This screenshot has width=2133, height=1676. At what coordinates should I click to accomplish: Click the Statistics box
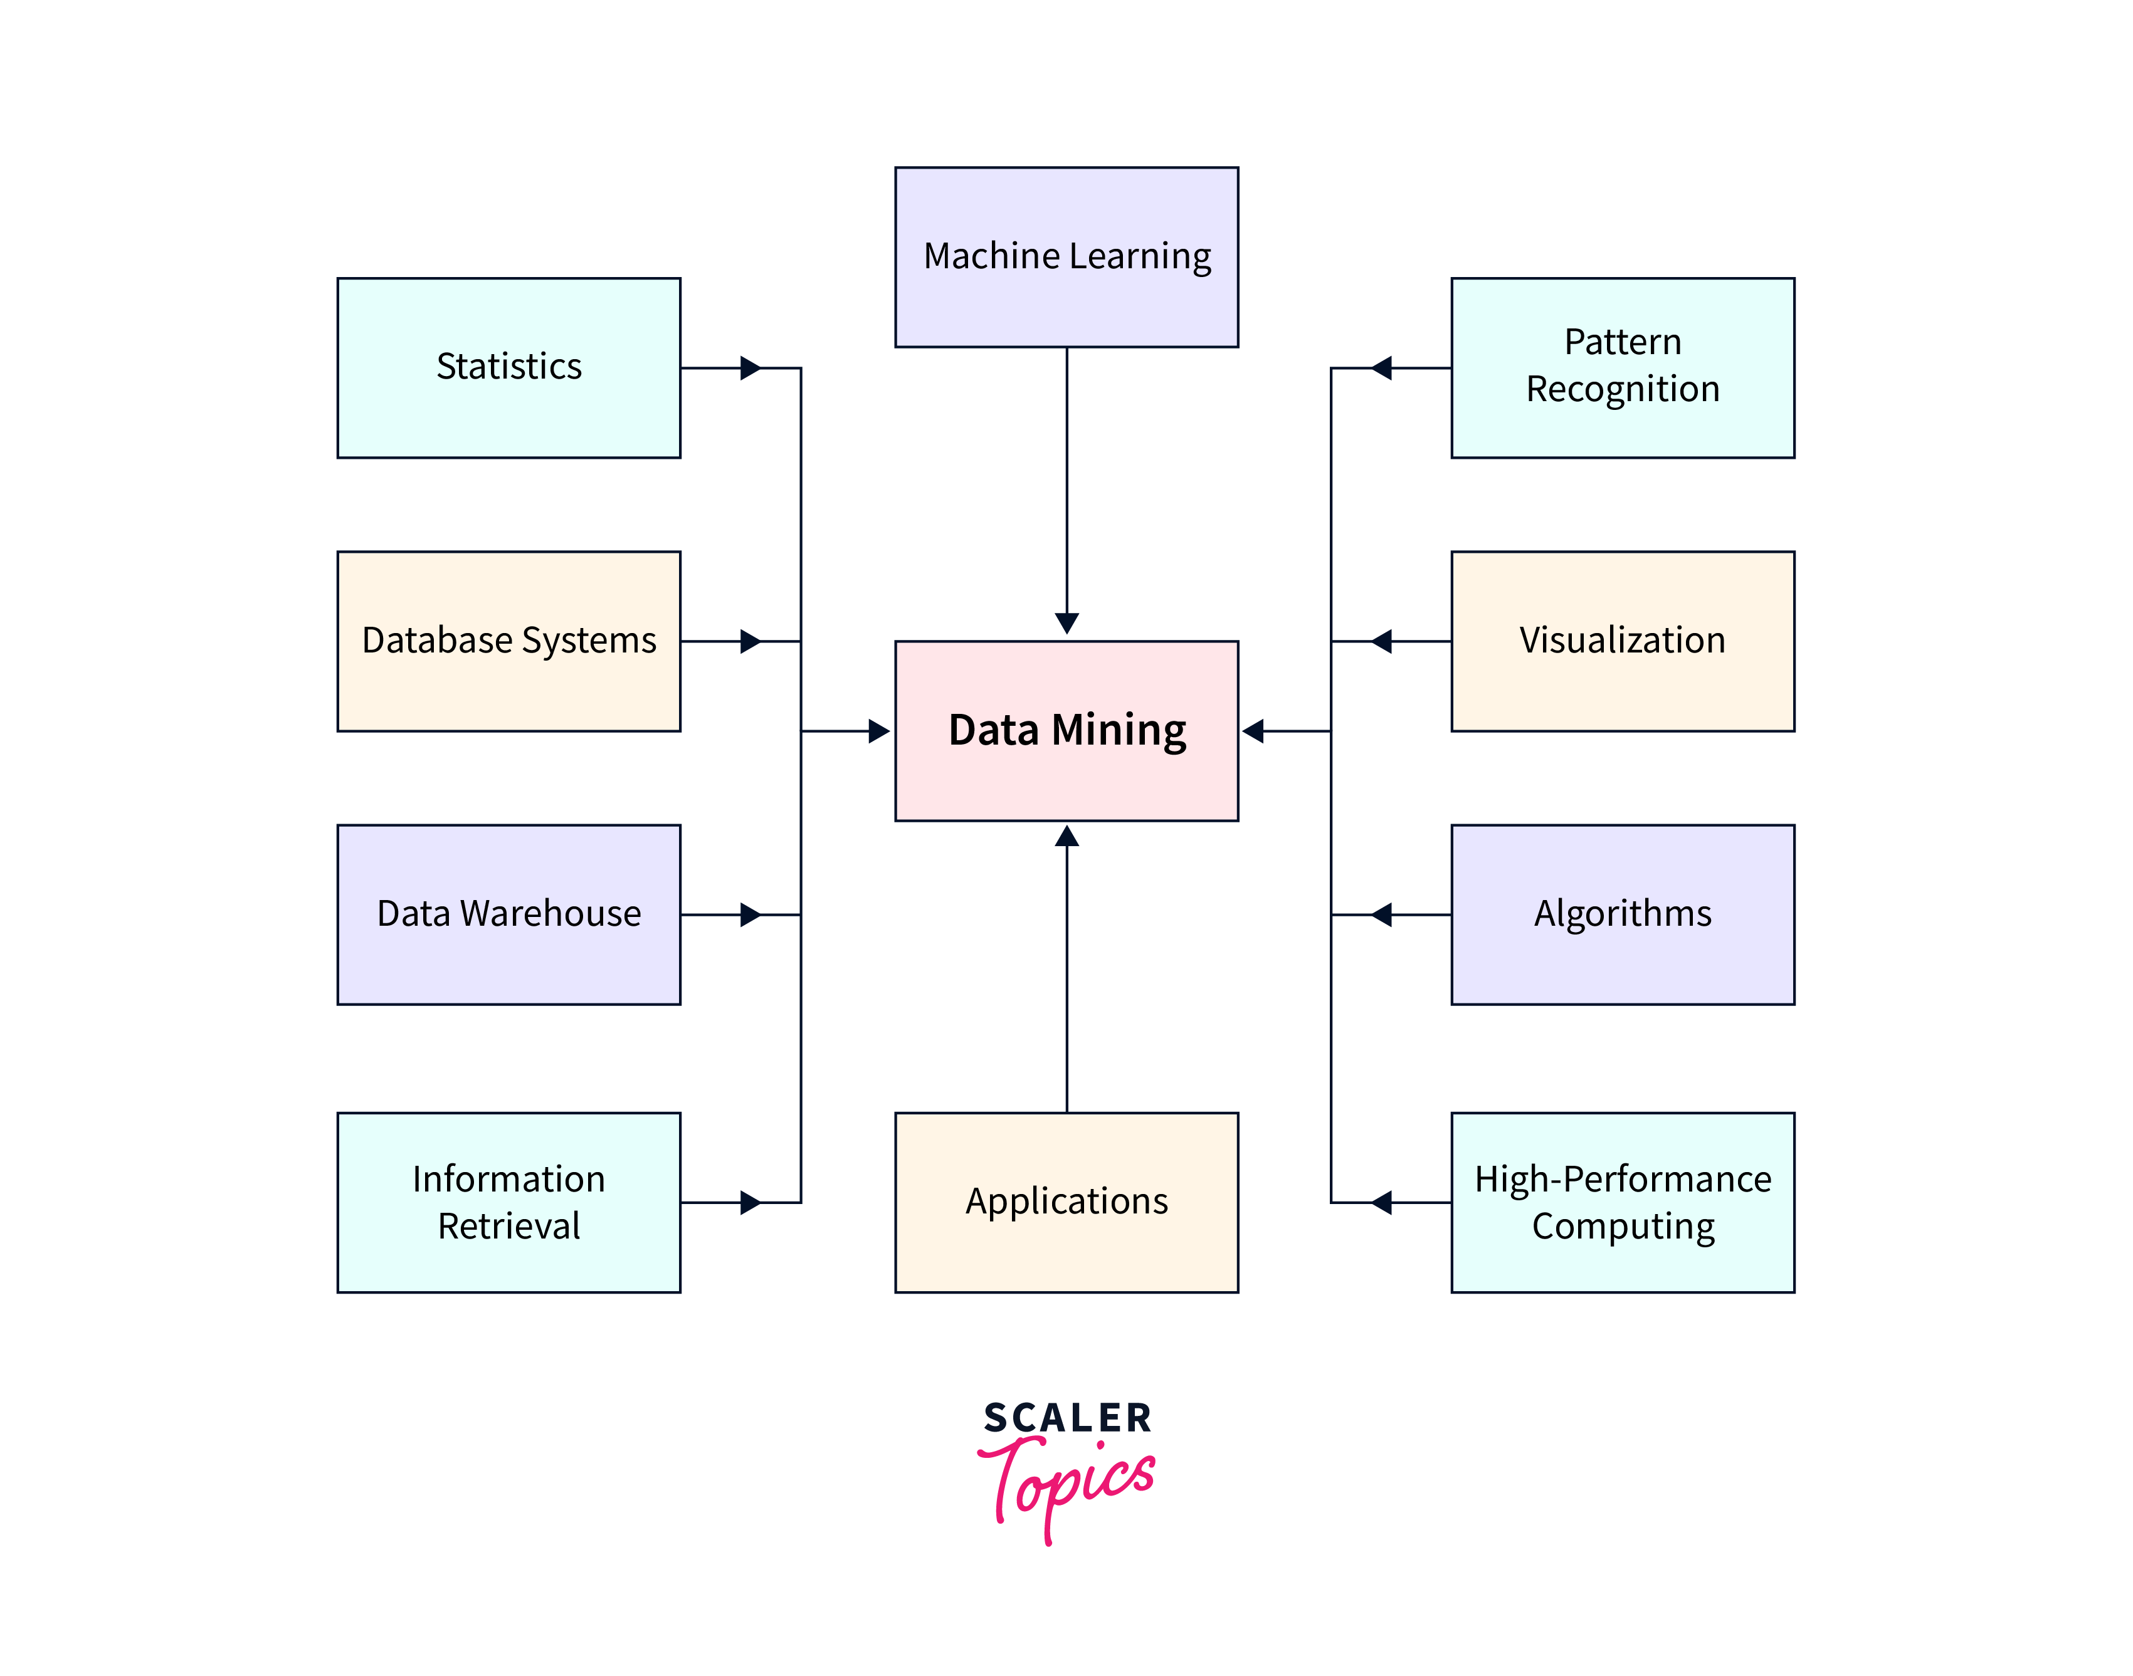508,368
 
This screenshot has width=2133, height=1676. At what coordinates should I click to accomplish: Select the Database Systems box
508,641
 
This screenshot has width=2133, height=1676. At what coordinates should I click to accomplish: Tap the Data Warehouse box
508,914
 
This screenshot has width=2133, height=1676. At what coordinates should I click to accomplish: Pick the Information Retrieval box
508,1202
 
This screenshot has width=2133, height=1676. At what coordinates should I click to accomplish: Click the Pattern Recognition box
1623,368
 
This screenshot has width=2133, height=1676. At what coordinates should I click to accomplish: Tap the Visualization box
1623,641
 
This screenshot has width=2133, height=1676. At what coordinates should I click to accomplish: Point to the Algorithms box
1623,914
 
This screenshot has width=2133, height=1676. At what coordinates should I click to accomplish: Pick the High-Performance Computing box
1623,1202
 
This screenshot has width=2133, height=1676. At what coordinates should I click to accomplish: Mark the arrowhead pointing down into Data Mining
1067,623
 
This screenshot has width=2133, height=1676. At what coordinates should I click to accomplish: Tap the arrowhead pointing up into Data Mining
1067,837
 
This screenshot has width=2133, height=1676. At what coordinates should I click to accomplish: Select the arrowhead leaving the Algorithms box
1381,914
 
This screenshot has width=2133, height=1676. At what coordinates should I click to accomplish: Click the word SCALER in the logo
1067,1418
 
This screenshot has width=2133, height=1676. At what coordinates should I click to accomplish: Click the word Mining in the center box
1119,731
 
